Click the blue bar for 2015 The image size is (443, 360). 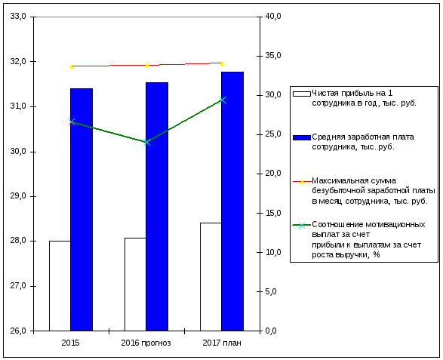(82, 209)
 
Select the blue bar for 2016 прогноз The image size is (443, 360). (157, 207)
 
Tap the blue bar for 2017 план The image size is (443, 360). (232, 202)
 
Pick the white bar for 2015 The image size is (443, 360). (60, 286)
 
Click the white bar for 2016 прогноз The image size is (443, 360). (135, 285)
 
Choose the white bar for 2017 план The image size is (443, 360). (211, 277)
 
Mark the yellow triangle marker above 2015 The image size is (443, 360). (72, 66)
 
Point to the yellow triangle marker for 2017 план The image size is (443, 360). (222, 63)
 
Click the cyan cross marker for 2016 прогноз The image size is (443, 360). (146, 142)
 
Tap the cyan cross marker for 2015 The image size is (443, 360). (72, 122)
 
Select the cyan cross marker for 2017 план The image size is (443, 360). (222, 100)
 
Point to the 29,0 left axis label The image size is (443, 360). (18, 195)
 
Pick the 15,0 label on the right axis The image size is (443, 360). (273, 213)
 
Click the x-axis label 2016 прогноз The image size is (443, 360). (146, 343)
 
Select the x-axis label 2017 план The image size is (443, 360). (222, 343)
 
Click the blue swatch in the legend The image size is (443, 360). (302, 137)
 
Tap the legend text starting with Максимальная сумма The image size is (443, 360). (374, 191)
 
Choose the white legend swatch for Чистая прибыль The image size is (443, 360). (302, 94)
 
